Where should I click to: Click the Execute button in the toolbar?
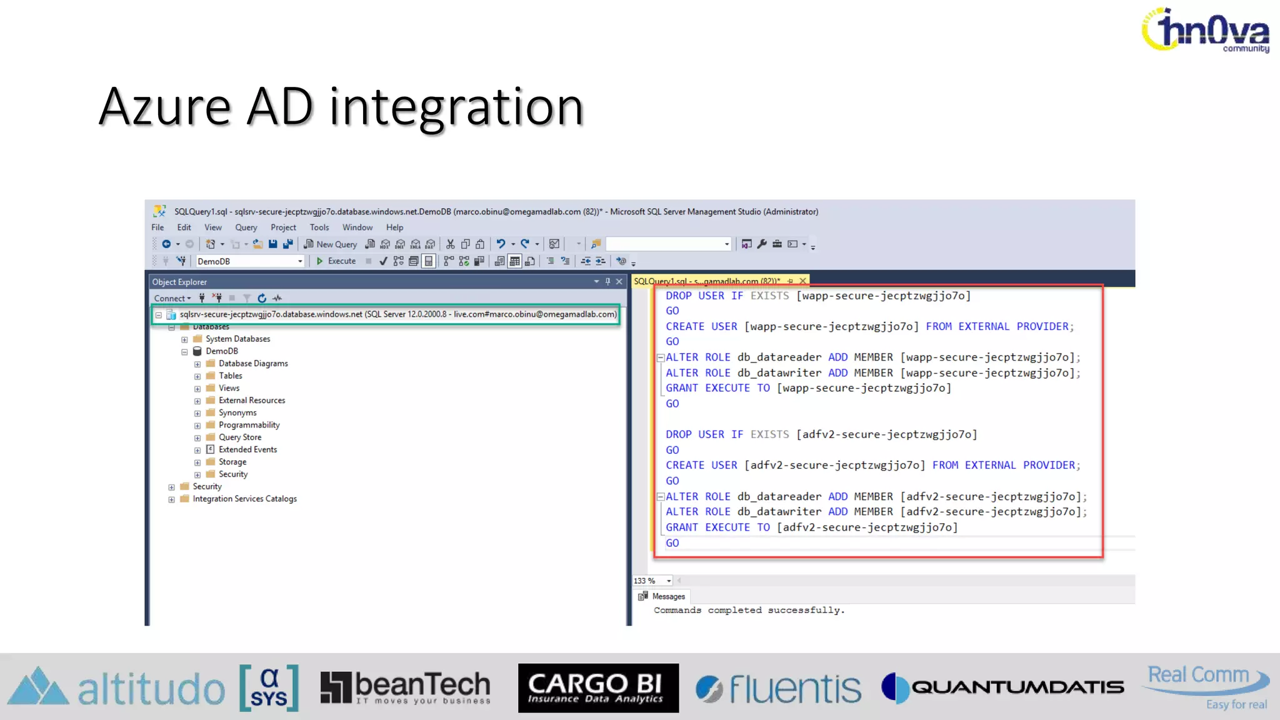pos(336,261)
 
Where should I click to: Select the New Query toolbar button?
pos(331,244)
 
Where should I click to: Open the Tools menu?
pos(319,227)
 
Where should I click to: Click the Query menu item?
pos(246,227)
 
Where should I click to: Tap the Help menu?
pos(394,227)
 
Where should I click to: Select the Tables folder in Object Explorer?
pos(230,376)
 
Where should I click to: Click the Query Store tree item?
pos(240,437)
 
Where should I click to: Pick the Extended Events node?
pos(247,449)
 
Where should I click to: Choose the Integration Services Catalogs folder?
pos(244,499)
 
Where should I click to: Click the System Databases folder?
pos(237,339)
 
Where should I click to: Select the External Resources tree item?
pos(251,401)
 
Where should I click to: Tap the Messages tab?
pos(667,596)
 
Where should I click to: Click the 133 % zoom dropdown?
pos(652,581)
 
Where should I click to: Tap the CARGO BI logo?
pos(598,688)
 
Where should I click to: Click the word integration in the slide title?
pos(456,107)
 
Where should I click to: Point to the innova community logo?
pos(1206,30)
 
